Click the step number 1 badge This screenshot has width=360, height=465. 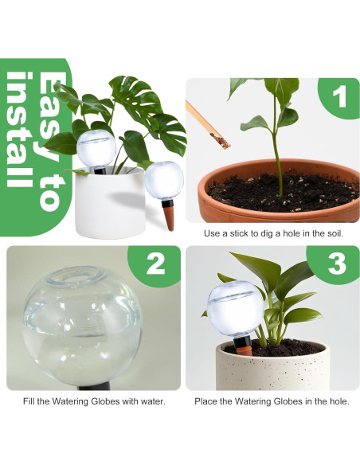point(339,99)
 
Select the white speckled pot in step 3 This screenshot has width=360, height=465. point(271,366)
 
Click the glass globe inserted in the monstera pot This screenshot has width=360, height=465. point(96,147)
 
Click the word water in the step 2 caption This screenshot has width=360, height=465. point(151,401)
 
